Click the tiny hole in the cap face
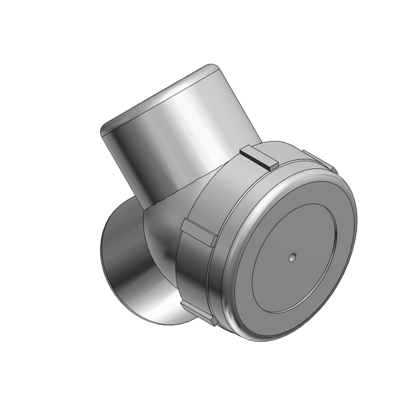(x=292, y=257)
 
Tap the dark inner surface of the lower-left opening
(x=123, y=251)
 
